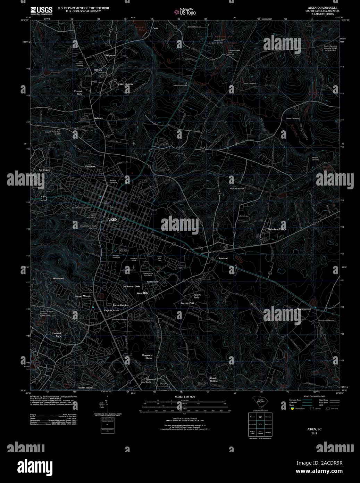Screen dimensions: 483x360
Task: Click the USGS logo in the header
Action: pyautogui.click(x=42, y=10)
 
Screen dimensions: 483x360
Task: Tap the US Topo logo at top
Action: pyautogui.click(x=185, y=12)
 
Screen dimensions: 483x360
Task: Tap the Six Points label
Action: pyautogui.click(x=44, y=170)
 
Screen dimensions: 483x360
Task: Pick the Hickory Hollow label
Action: pyautogui.click(x=237, y=188)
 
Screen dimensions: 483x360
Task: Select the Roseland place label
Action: pyautogui.click(x=223, y=259)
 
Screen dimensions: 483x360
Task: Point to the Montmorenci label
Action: pyautogui.click(x=303, y=309)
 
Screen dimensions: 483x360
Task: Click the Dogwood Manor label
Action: pyautogui.click(x=148, y=357)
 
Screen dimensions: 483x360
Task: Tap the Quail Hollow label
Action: pyautogui.click(x=214, y=379)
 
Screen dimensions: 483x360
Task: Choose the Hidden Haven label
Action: pyautogui.click(x=85, y=387)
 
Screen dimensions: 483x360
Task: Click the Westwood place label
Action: pyautogui.click(x=59, y=279)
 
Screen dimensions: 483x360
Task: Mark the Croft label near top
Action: pyautogui.click(x=155, y=28)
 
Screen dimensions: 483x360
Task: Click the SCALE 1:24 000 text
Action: pyautogui.click(x=185, y=397)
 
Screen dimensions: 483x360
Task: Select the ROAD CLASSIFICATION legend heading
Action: pyautogui.click(x=314, y=396)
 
